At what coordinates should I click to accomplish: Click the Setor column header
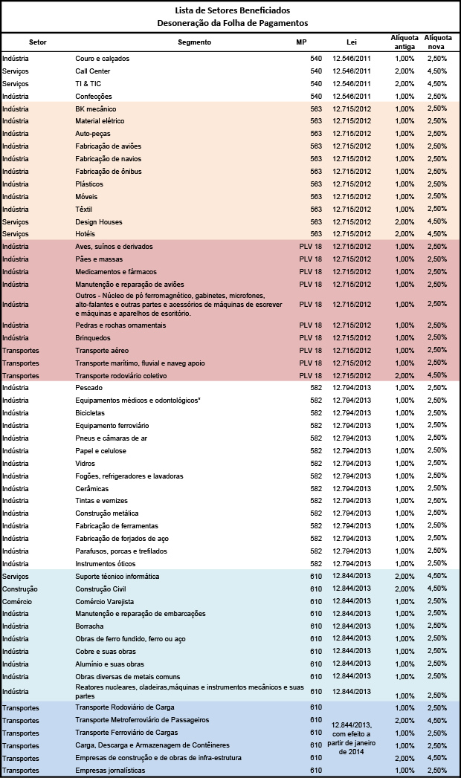[x=38, y=42]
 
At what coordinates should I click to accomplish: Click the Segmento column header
[x=195, y=42]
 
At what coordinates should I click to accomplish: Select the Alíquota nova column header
[x=438, y=42]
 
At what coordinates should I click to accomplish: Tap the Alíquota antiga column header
[x=404, y=42]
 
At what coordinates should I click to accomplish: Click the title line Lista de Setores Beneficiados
[x=233, y=10]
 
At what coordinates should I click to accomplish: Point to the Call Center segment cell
[x=93, y=71]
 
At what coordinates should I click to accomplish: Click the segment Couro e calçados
[x=102, y=59]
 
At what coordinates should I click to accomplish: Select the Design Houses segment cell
[x=99, y=221]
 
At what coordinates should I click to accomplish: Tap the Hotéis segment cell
[x=85, y=234]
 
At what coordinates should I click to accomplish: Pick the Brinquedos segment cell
[x=93, y=338]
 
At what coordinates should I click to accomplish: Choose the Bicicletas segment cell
[x=90, y=413]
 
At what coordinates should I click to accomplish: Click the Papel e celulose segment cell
[x=100, y=450]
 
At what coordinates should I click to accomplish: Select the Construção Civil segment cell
[x=100, y=589]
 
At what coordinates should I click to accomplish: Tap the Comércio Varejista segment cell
[x=105, y=601]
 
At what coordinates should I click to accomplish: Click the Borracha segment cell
[x=89, y=626]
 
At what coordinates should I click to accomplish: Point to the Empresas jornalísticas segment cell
[x=110, y=771]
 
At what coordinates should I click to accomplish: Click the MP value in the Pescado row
[x=316, y=387]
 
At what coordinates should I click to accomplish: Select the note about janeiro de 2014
[x=352, y=739]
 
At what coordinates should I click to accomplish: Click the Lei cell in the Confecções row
[x=352, y=97]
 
